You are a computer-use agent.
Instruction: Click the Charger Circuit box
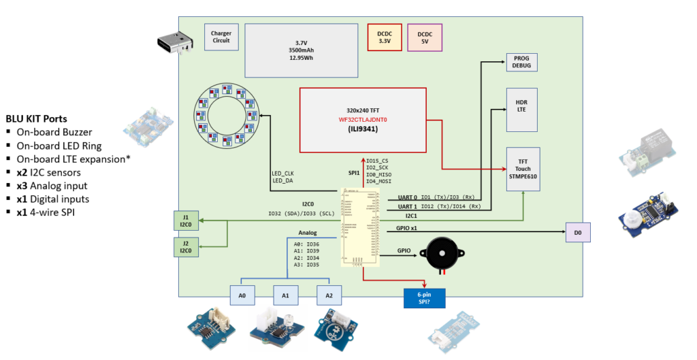[221, 37]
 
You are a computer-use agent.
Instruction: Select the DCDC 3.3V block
[385, 37]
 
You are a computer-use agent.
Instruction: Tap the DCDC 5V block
[425, 37]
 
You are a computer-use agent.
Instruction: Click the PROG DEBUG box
[521, 62]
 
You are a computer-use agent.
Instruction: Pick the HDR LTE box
[521, 110]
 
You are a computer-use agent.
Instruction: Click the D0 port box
[578, 233]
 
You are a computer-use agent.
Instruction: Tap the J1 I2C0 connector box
[185, 220]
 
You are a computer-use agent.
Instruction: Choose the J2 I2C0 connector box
[185, 246]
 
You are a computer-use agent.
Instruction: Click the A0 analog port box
[242, 296]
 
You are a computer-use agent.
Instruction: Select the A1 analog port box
[285, 296]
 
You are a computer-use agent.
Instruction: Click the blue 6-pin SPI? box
[424, 298]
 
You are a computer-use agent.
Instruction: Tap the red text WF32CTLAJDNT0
[363, 120]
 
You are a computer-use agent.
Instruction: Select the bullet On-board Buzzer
[54, 132]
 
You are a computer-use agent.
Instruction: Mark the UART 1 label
[407, 206]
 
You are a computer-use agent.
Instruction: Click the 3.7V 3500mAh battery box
[301, 50]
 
